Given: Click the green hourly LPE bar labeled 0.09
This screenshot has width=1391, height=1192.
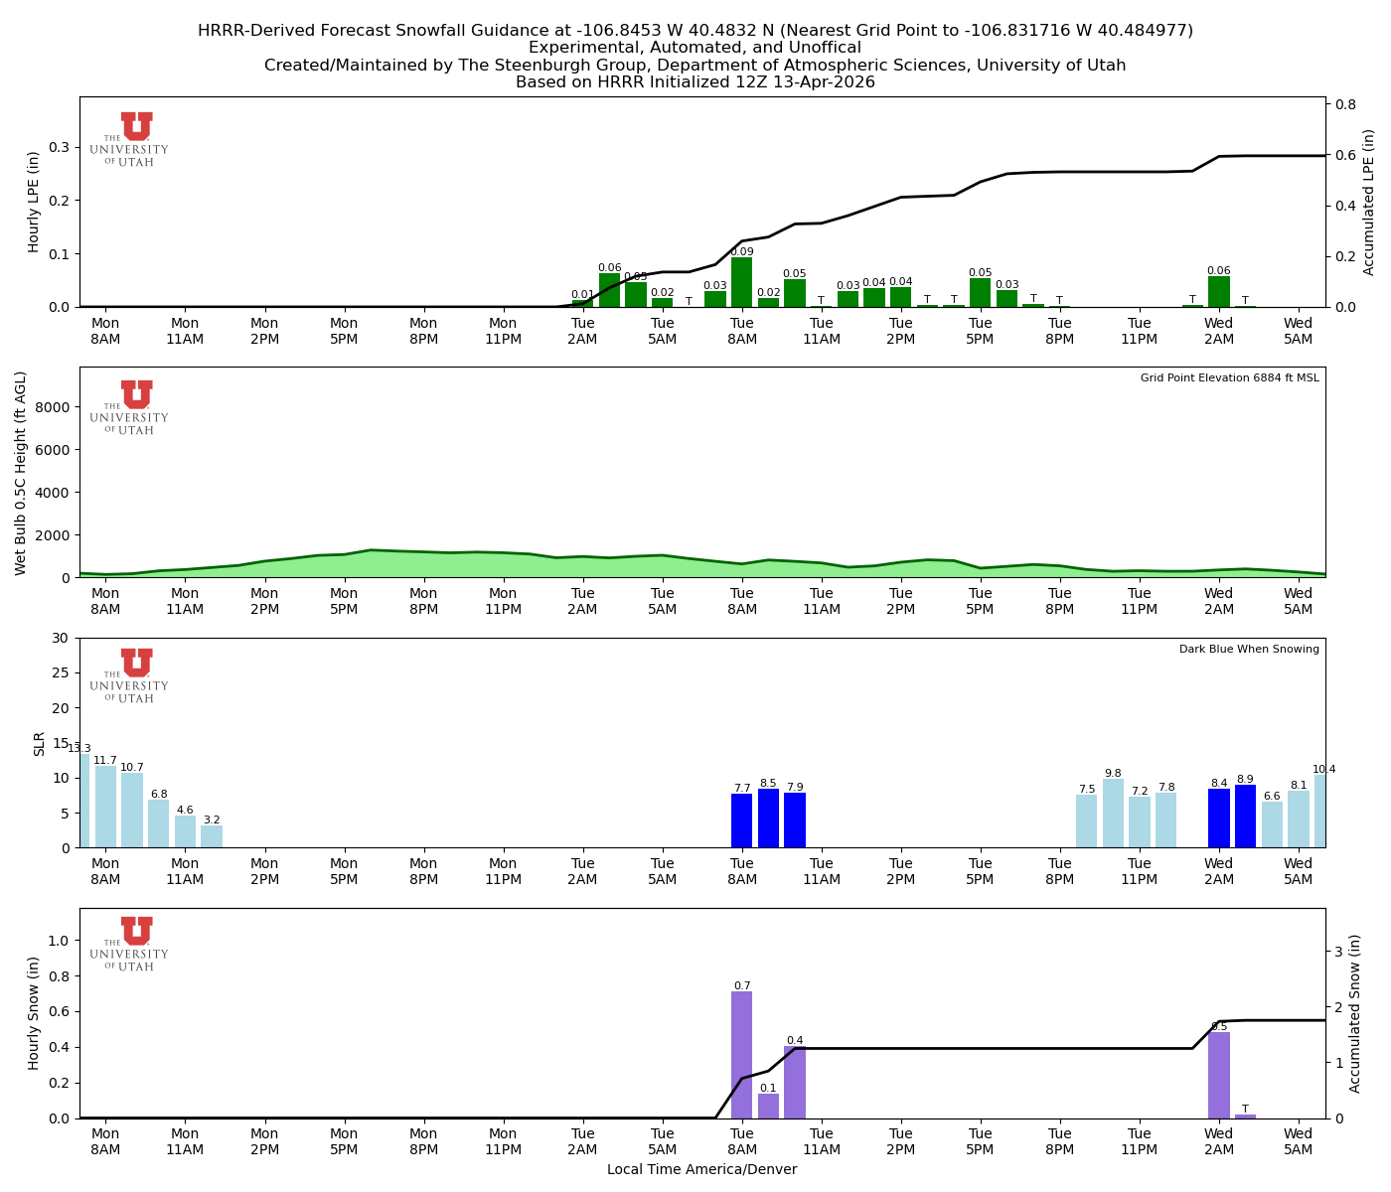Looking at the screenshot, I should [741, 283].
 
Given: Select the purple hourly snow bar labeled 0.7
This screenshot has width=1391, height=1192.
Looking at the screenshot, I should [741, 1055].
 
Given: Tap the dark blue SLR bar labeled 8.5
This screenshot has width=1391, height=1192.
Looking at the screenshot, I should [768, 819].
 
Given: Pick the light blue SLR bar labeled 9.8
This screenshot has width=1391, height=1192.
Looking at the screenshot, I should [1113, 814].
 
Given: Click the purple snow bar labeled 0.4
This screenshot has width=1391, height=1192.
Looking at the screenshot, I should [795, 1082].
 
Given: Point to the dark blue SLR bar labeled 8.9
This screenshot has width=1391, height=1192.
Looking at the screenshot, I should [1245, 817].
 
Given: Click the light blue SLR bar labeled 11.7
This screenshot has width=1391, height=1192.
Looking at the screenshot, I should [105, 807].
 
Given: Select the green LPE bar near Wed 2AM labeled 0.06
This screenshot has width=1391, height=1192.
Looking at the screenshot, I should [1219, 292].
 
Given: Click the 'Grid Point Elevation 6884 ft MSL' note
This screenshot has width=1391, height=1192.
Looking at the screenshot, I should [1229, 378].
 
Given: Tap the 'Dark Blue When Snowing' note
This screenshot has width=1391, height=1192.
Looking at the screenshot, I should [1249, 650].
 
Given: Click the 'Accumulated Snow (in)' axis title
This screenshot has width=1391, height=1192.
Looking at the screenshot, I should [1354, 1013].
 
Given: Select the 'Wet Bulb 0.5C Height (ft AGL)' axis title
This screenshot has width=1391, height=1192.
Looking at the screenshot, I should [21, 473].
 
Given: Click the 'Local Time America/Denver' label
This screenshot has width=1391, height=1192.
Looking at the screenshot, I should [701, 1170].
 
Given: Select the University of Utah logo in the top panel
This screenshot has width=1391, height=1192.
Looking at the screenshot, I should [130, 139].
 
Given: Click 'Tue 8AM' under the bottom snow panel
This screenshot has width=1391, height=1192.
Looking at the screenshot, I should [741, 1141].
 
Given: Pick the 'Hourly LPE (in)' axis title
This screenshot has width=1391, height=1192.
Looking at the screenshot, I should [34, 202].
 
